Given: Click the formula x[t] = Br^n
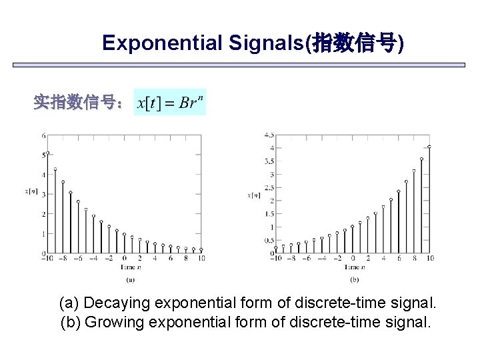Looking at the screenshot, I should [170, 103].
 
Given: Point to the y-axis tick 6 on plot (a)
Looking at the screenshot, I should [44, 135].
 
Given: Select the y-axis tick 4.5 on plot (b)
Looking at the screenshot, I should [269, 135].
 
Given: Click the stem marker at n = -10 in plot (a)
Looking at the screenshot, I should [47, 153].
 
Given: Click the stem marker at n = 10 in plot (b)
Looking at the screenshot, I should [429, 147].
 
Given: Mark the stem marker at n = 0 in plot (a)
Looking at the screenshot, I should [124, 235].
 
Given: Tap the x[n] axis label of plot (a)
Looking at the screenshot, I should [31, 192].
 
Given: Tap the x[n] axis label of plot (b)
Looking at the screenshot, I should [254, 195].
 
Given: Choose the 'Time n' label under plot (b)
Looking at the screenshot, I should [353, 267].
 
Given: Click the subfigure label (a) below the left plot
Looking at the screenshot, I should [130, 279].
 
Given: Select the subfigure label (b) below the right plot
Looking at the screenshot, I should [353, 279].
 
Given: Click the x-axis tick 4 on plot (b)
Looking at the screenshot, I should [383, 259].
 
